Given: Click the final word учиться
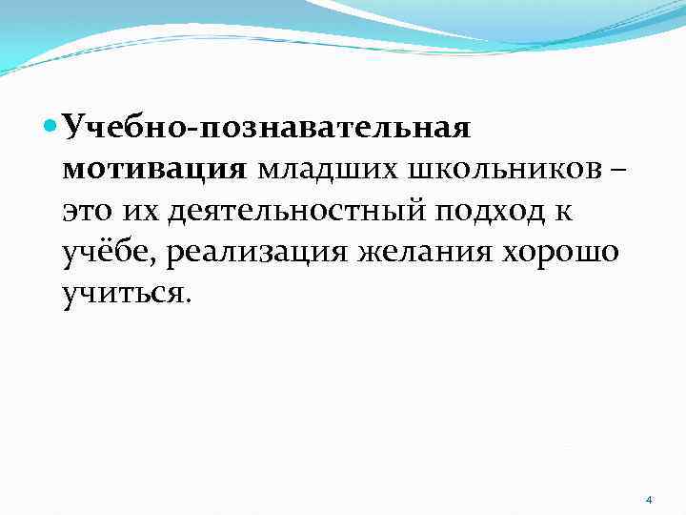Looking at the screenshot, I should click(122, 294).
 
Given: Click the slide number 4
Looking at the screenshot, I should click(649, 501).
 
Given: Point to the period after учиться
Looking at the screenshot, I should click(188, 301).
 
